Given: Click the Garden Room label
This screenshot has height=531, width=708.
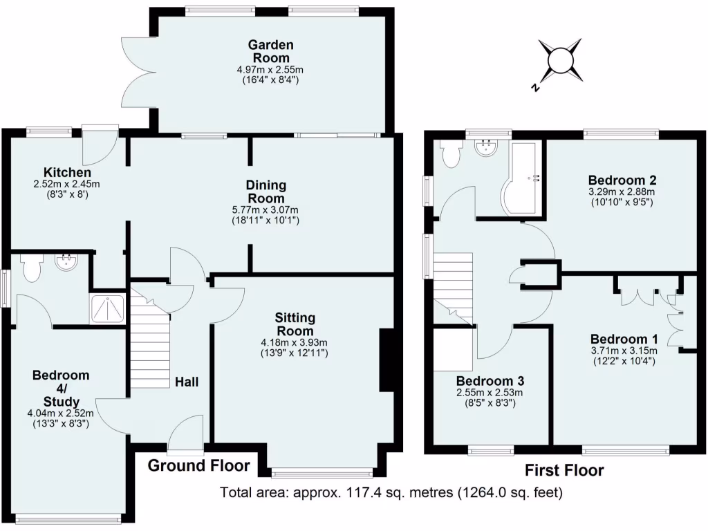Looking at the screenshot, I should click(271, 51).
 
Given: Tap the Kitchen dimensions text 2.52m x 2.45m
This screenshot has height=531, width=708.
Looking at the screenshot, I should click(67, 184).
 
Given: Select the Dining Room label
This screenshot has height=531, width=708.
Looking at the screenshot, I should click(265, 192).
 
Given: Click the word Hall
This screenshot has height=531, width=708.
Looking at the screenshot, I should click(187, 382).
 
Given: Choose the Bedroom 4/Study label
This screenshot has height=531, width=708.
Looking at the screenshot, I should click(61, 388).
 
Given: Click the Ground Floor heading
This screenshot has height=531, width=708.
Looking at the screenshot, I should click(199, 465).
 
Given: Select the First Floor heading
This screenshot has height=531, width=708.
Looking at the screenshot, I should click(563, 471).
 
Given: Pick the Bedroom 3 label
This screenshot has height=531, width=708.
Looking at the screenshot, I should click(490, 381).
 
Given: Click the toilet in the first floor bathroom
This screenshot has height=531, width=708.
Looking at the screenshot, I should click(451, 153).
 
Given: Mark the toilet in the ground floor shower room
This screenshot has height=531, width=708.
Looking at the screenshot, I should click(32, 268).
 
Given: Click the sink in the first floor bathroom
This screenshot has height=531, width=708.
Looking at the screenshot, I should click(487, 146).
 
